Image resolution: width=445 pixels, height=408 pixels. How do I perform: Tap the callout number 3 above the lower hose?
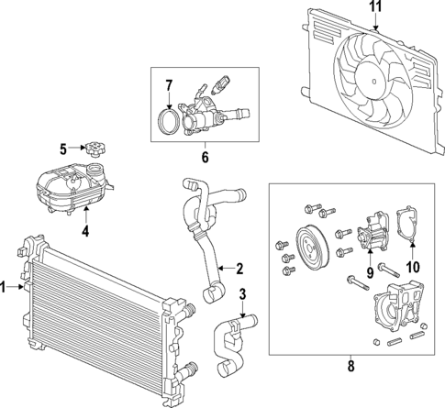tap(241, 294)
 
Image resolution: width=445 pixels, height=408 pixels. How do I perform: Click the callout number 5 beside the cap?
tap(63, 148)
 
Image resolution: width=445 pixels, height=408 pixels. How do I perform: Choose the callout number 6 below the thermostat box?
tap(205, 157)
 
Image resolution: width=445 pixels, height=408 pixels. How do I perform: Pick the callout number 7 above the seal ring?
tap(169, 86)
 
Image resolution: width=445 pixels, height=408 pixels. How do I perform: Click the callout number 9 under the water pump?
tap(372, 271)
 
